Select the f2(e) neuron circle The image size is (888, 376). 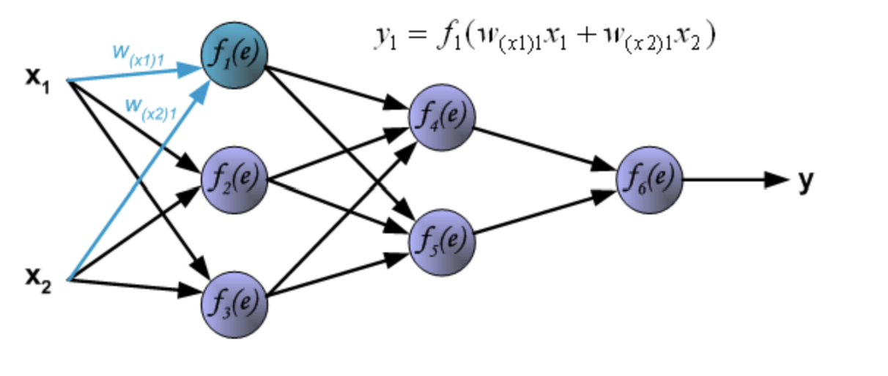pyautogui.click(x=234, y=180)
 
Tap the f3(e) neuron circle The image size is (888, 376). pyautogui.click(x=234, y=303)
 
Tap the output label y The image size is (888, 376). pyautogui.click(x=805, y=181)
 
